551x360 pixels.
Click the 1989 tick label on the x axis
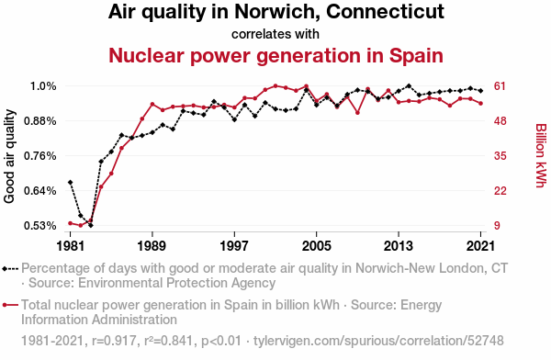point(152,245)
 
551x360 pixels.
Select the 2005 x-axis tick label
point(316,245)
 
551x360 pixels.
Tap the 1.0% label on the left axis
point(43,86)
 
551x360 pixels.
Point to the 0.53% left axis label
point(40,225)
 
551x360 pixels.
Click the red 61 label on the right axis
point(500,86)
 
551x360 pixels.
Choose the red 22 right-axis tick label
point(500,190)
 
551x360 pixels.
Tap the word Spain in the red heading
point(416,55)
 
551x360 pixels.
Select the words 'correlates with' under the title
point(275,34)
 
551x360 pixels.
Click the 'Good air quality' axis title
point(9,156)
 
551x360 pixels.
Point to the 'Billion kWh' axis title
point(541,155)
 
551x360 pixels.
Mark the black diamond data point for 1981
point(71,182)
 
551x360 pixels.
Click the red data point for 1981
point(71,223)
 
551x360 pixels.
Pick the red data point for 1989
point(152,104)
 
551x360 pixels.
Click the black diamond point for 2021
point(480,90)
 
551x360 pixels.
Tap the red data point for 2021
point(480,104)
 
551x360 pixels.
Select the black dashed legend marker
point(10,269)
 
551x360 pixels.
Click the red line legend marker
point(10,305)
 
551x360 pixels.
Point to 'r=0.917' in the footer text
point(114,341)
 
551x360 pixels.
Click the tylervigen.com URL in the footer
point(378,341)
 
